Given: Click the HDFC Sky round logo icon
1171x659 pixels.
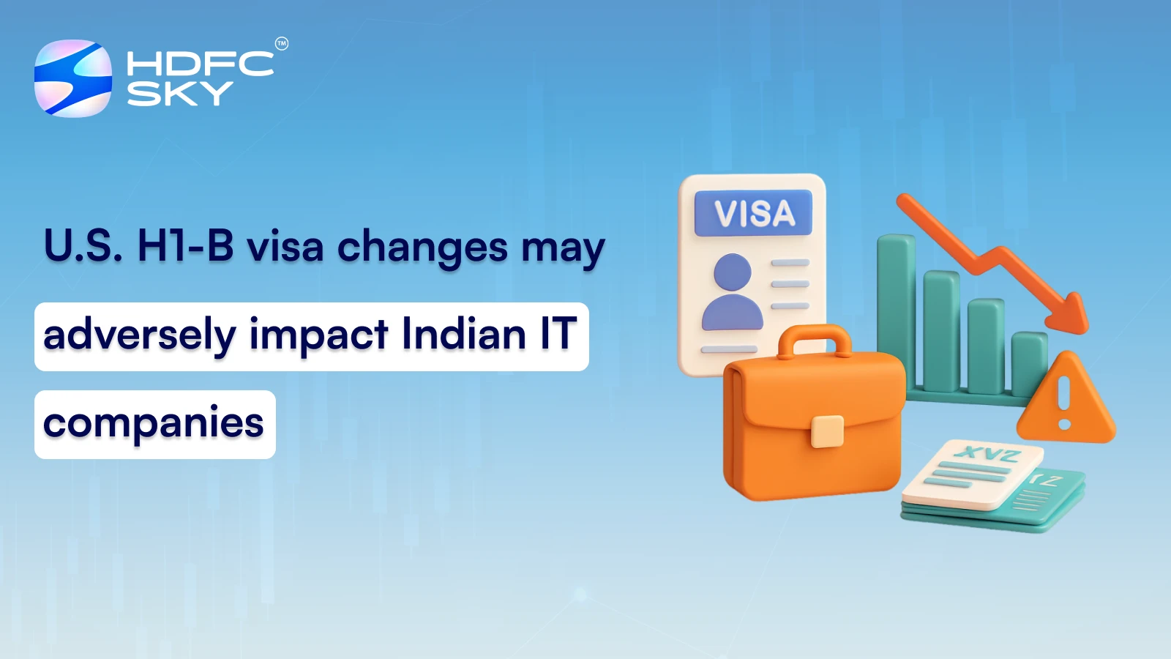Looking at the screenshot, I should [73, 78].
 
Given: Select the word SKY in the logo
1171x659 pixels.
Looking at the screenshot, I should [179, 93].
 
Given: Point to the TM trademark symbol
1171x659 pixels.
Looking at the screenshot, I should [282, 44].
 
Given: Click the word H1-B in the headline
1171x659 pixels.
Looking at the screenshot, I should [185, 246].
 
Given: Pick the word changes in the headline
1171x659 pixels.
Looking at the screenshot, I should [422, 247].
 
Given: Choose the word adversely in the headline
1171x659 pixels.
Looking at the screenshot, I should [139, 335].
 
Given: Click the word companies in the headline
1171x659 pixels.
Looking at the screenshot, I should [154, 424].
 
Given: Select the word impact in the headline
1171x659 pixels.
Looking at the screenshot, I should [318, 335].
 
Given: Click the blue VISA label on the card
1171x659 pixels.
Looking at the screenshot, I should [753, 213].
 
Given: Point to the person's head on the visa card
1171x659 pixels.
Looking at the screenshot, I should [732, 272].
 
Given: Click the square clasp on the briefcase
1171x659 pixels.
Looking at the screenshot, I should [827, 431].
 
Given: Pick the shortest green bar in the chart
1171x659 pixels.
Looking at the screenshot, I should [1028, 363].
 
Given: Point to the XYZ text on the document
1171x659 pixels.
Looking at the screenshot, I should [987, 455].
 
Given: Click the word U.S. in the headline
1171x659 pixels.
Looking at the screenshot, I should [83, 246].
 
